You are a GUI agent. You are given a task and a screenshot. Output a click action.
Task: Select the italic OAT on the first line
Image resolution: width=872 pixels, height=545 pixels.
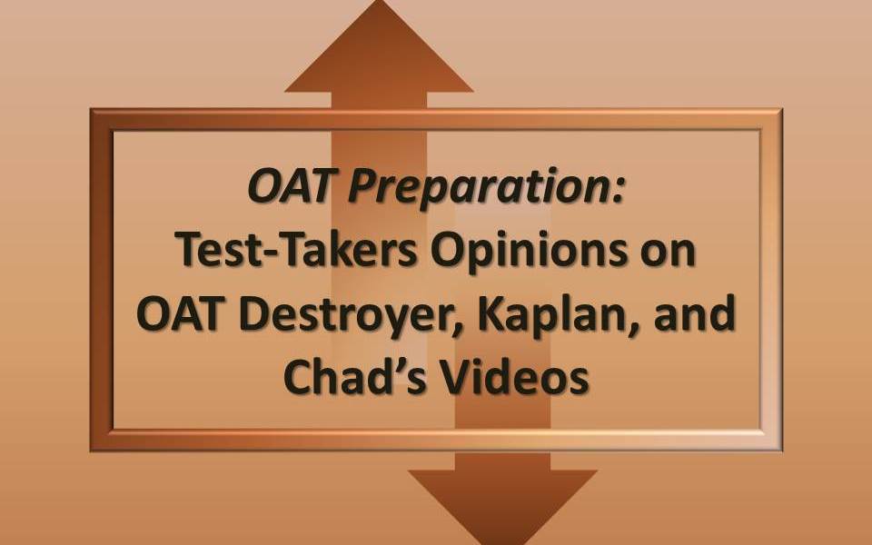[x=293, y=185]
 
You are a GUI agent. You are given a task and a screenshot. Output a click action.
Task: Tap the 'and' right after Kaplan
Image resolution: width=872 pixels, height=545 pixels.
[x=695, y=312]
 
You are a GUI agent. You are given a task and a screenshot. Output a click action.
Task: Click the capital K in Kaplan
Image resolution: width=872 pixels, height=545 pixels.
[x=491, y=313]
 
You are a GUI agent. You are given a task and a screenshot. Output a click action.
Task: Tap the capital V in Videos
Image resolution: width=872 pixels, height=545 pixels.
[x=454, y=376]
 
